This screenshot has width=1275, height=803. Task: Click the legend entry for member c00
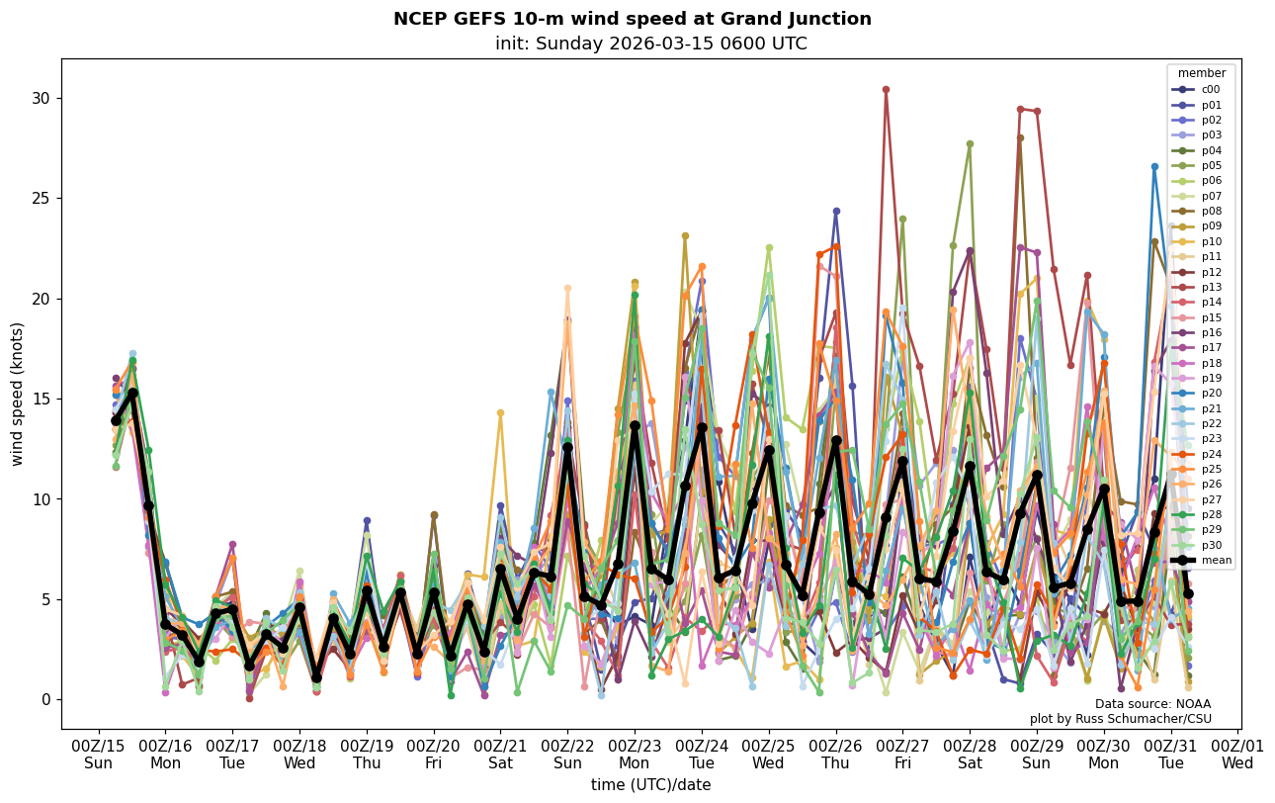[x=1210, y=89]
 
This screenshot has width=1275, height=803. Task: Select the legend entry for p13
[x=1210, y=287]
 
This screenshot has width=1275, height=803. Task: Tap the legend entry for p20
[x=1210, y=394]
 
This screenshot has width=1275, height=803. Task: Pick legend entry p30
[x=1210, y=545]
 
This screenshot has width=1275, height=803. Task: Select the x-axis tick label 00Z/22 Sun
[x=567, y=755]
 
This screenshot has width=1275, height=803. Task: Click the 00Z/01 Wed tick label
[x=1237, y=755]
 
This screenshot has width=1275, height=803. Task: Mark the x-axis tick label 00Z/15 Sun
[x=98, y=755]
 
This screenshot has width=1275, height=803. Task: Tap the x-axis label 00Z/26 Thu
[x=836, y=755]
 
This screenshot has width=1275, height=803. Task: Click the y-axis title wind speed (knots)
[x=17, y=394]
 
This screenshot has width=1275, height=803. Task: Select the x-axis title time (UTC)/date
[x=650, y=785]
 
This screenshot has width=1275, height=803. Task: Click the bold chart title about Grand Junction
[x=633, y=19]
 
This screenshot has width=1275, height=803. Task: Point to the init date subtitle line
[x=650, y=44]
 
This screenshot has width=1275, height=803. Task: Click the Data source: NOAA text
[x=1152, y=704]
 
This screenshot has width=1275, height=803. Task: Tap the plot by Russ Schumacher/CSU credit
[x=1120, y=719]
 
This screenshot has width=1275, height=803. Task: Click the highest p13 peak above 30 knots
[x=886, y=90]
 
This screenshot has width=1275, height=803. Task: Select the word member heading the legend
[x=1201, y=73]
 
